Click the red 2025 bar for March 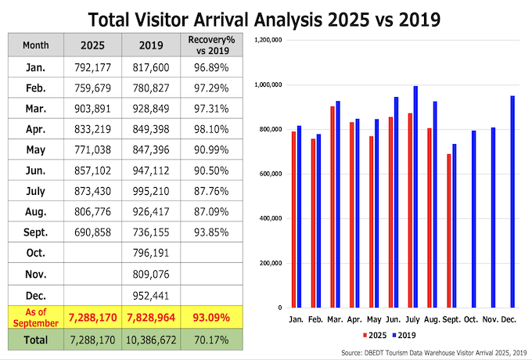coord(332,207)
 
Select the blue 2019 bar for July coord(416,196)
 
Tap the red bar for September coord(448,231)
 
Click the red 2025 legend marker coord(365,334)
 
